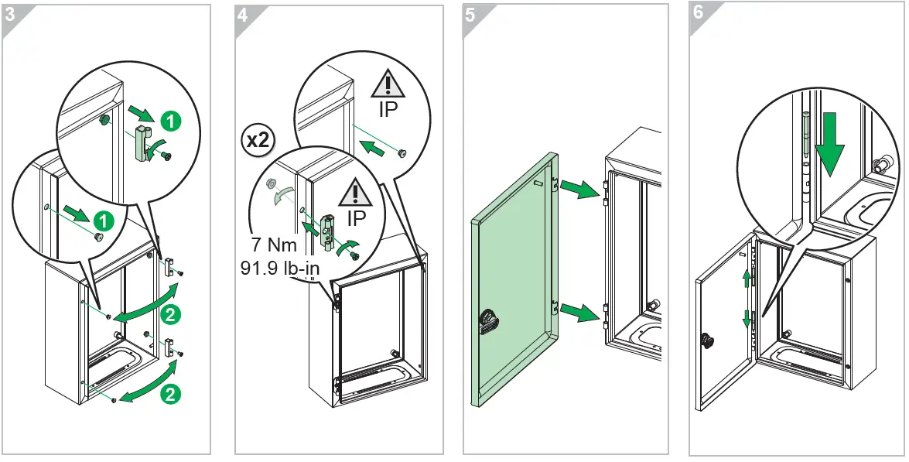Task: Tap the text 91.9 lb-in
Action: (281, 272)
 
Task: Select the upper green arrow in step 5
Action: (576, 187)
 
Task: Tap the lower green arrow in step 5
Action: (576, 313)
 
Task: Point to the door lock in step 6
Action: (706, 340)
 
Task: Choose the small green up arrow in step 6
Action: (747, 279)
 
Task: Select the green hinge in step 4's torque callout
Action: (328, 231)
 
